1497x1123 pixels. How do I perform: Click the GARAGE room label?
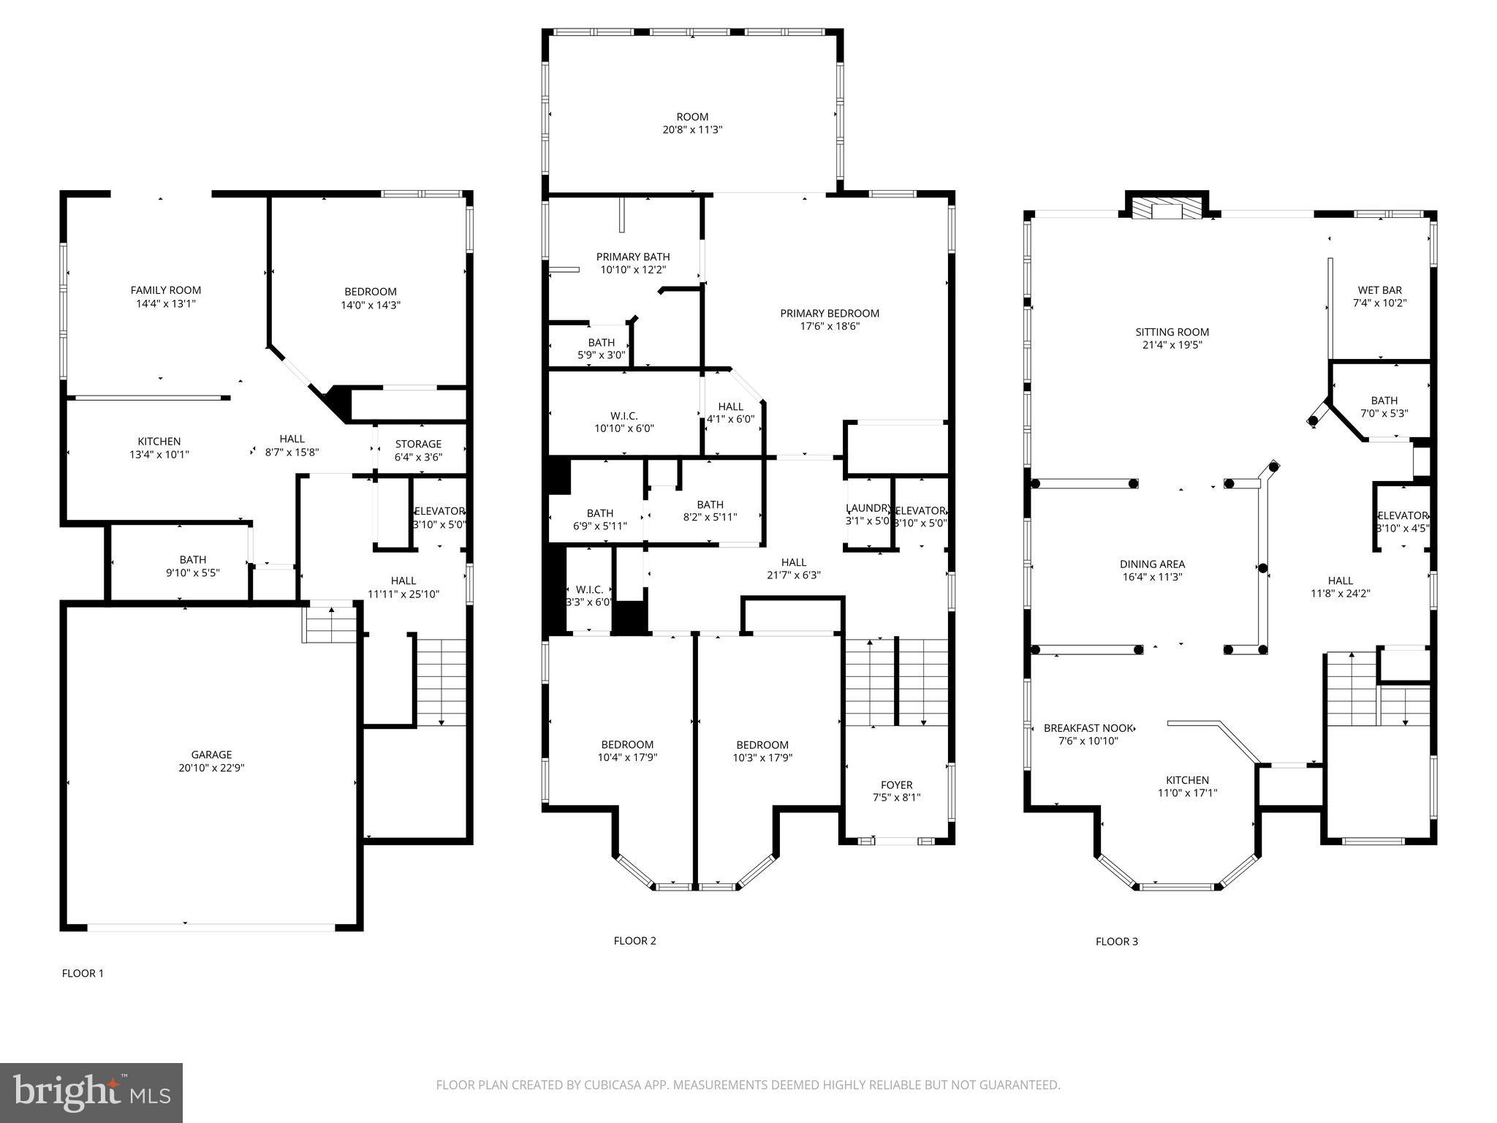coord(211,755)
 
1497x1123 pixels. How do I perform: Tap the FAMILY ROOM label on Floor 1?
coord(166,290)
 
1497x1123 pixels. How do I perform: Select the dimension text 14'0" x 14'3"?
coord(371,305)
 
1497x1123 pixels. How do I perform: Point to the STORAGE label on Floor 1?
coord(418,444)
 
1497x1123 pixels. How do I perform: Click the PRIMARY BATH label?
coord(633,257)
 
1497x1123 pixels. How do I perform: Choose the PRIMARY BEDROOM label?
coord(830,313)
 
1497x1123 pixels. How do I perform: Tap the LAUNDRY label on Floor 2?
coord(868,508)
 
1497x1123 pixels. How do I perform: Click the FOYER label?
coord(896,784)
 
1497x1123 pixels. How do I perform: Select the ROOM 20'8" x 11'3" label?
coord(692,123)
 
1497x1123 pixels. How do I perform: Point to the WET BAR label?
coord(1380,290)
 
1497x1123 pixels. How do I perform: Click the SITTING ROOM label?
coord(1172,332)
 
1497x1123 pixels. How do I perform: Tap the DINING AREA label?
coord(1152,564)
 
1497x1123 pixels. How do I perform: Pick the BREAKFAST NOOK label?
coord(1088,728)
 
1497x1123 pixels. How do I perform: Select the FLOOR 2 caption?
coord(634,941)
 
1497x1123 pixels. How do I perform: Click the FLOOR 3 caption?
coord(1116,942)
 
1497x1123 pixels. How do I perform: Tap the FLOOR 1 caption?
coord(83,973)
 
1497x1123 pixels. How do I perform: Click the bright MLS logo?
coord(91,1093)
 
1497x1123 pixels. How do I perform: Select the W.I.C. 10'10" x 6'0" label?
coord(624,422)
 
